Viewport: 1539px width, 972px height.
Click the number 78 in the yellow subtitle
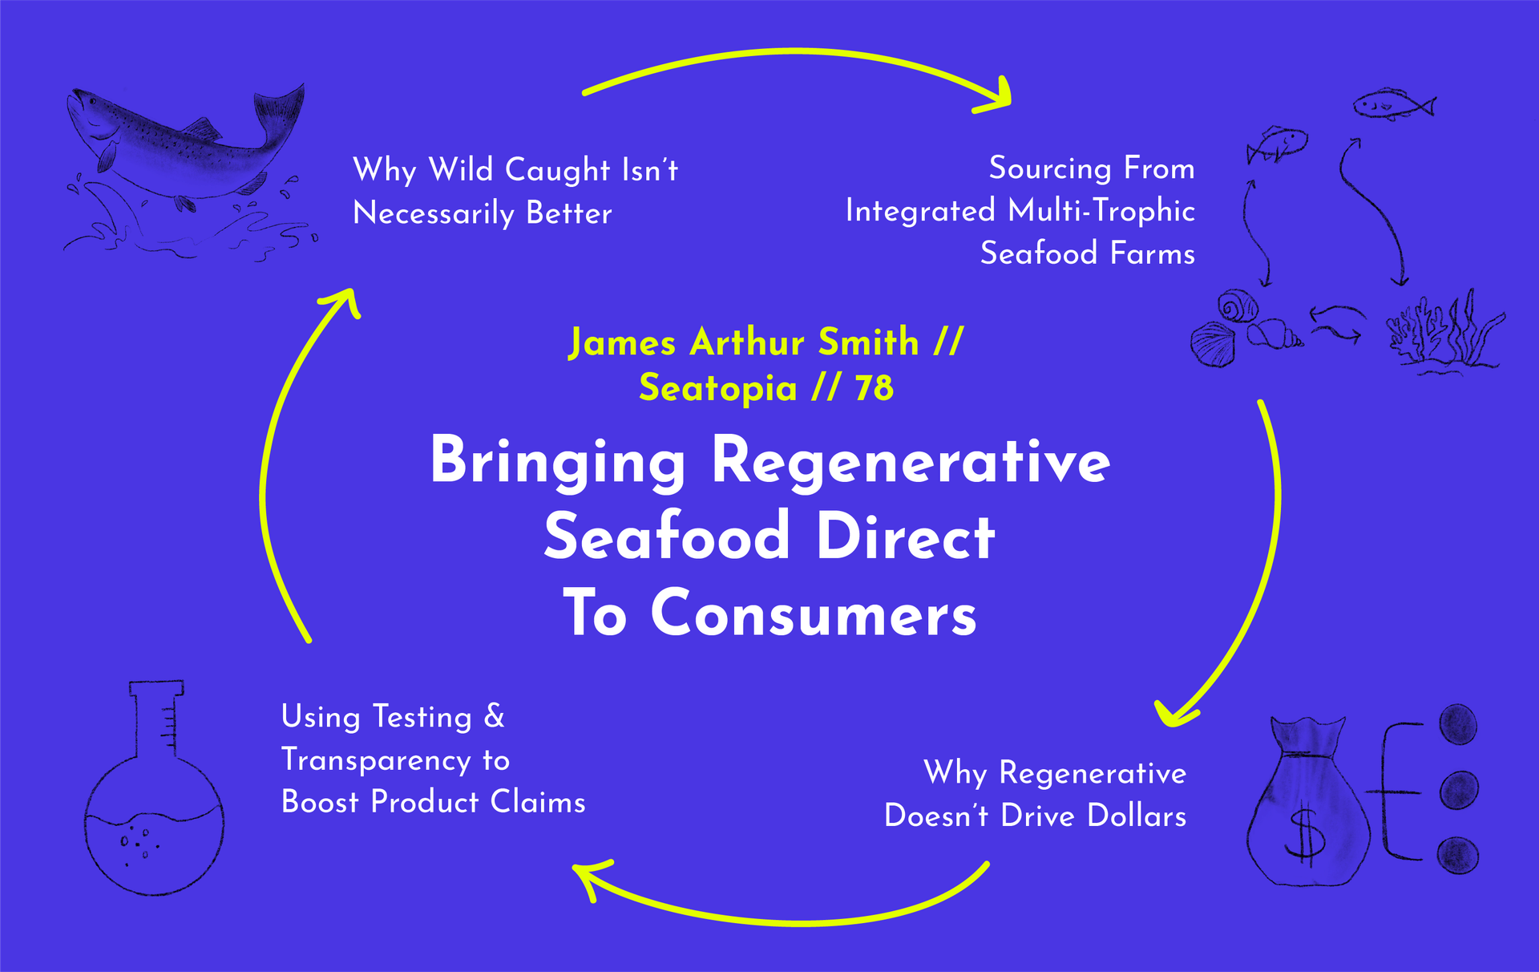click(x=874, y=388)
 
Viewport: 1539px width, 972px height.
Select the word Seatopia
click(x=717, y=389)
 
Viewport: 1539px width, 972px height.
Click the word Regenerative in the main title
click(x=911, y=462)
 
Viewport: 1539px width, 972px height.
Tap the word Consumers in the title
click(x=814, y=614)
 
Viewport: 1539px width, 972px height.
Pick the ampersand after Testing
click(x=495, y=716)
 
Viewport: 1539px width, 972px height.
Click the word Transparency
click(x=376, y=760)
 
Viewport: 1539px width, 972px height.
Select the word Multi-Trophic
click(x=1101, y=211)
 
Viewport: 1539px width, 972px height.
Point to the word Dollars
click(x=1137, y=816)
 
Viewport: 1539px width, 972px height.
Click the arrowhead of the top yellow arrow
click(x=994, y=97)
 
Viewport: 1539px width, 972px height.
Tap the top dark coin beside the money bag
click(x=1458, y=723)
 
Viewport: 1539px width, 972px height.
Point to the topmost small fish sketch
click(x=1394, y=105)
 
